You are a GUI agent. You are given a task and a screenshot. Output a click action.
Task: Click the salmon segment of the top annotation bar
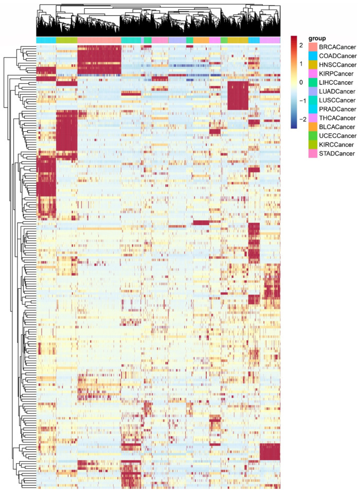[x=99, y=40]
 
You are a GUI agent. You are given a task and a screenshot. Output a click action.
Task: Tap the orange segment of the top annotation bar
[x=201, y=40]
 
